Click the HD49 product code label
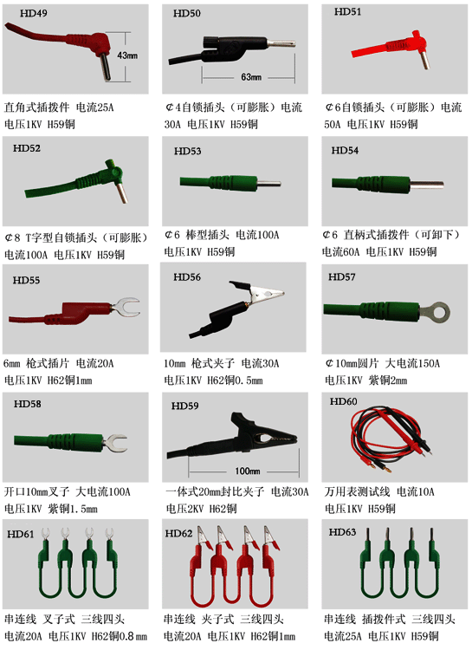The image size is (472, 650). [34, 13]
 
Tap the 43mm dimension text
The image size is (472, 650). [127, 55]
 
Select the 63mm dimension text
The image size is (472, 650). [251, 76]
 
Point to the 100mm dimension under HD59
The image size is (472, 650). [248, 471]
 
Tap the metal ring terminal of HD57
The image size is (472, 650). [435, 313]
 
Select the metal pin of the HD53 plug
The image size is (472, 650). [269, 183]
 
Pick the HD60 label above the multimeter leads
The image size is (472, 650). [343, 401]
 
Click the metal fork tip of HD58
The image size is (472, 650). [115, 443]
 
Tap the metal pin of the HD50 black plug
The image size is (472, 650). [281, 42]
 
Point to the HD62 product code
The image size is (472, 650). [178, 534]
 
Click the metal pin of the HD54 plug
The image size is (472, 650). [427, 184]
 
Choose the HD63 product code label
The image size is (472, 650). [342, 532]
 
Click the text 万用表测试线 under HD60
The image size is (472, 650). [357, 492]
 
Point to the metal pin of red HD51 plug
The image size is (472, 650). [424, 60]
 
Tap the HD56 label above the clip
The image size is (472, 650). [187, 277]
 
